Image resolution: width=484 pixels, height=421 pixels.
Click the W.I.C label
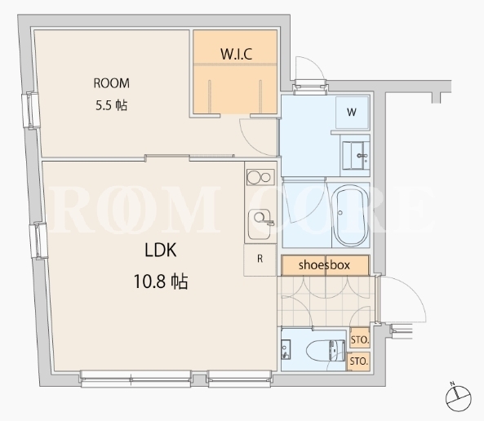tap(236, 54)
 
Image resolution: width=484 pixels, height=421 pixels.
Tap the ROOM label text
tap(112, 83)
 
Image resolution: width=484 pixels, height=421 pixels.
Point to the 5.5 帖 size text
tap(111, 105)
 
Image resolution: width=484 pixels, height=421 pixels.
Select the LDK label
tap(161, 250)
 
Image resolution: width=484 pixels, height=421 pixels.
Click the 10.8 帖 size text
tap(161, 281)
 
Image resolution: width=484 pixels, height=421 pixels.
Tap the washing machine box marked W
tap(352, 112)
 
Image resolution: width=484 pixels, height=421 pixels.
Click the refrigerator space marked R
tap(260, 259)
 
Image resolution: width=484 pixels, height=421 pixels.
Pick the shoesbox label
tap(324, 265)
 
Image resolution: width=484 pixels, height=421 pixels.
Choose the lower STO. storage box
tap(359, 361)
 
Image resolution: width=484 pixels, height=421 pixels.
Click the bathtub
tap(352, 215)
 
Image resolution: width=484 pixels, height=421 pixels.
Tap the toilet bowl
tap(326, 350)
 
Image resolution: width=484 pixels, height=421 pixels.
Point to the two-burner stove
tap(260, 177)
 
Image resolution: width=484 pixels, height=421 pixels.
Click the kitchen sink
tap(260, 224)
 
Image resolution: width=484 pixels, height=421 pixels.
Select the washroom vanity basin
tap(356, 155)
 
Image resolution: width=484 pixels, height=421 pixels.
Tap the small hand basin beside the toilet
tap(286, 349)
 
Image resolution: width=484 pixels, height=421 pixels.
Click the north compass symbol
tap(458, 397)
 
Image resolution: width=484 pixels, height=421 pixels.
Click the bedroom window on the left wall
tap(31, 110)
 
